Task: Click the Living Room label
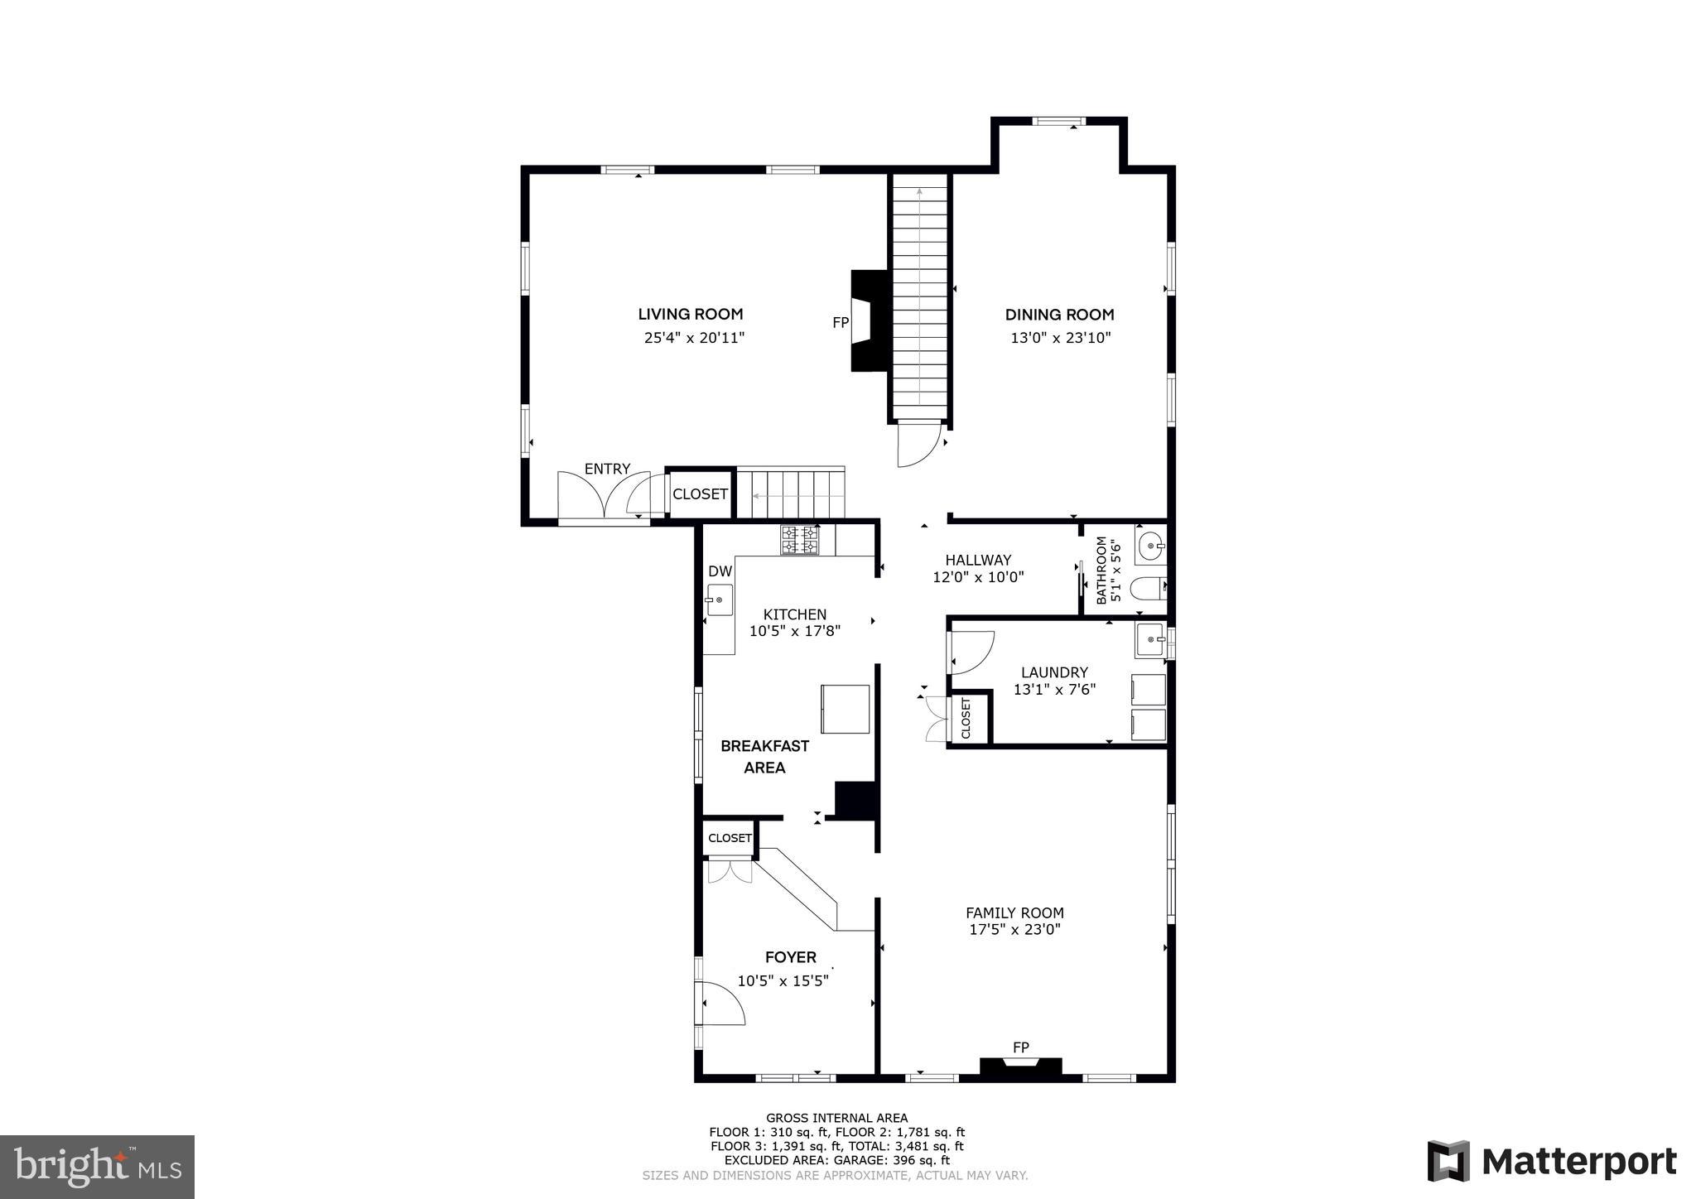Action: click(x=690, y=314)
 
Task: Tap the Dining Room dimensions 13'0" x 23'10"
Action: click(x=1060, y=338)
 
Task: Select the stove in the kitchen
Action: click(x=799, y=540)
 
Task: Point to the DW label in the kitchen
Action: click(x=720, y=571)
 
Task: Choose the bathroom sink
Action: click(x=1150, y=546)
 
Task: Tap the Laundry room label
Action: click(x=1054, y=672)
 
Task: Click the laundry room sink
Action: click(x=1150, y=640)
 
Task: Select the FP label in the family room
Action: click(x=1021, y=1047)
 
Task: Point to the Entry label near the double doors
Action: click(x=607, y=469)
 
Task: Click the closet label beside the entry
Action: click(x=700, y=494)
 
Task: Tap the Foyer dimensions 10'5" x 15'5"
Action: click(x=783, y=981)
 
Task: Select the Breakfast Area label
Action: click(x=764, y=756)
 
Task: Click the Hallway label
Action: click(x=978, y=560)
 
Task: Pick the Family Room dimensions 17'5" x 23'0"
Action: click(x=1014, y=929)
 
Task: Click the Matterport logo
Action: click(x=1551, y=1162)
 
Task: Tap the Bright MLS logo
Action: click(x=98, y=1167)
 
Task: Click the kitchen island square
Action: click(x=845, y=709)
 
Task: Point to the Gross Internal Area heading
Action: click(x=836, y=1118)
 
